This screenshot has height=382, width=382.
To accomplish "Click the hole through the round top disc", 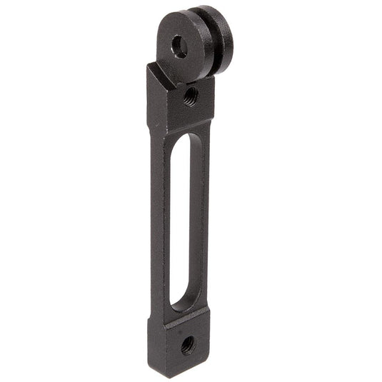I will pyautogui.click(x=180, y=48).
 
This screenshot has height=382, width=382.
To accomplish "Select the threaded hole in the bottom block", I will pyautogui.click(x=187, y=345).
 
